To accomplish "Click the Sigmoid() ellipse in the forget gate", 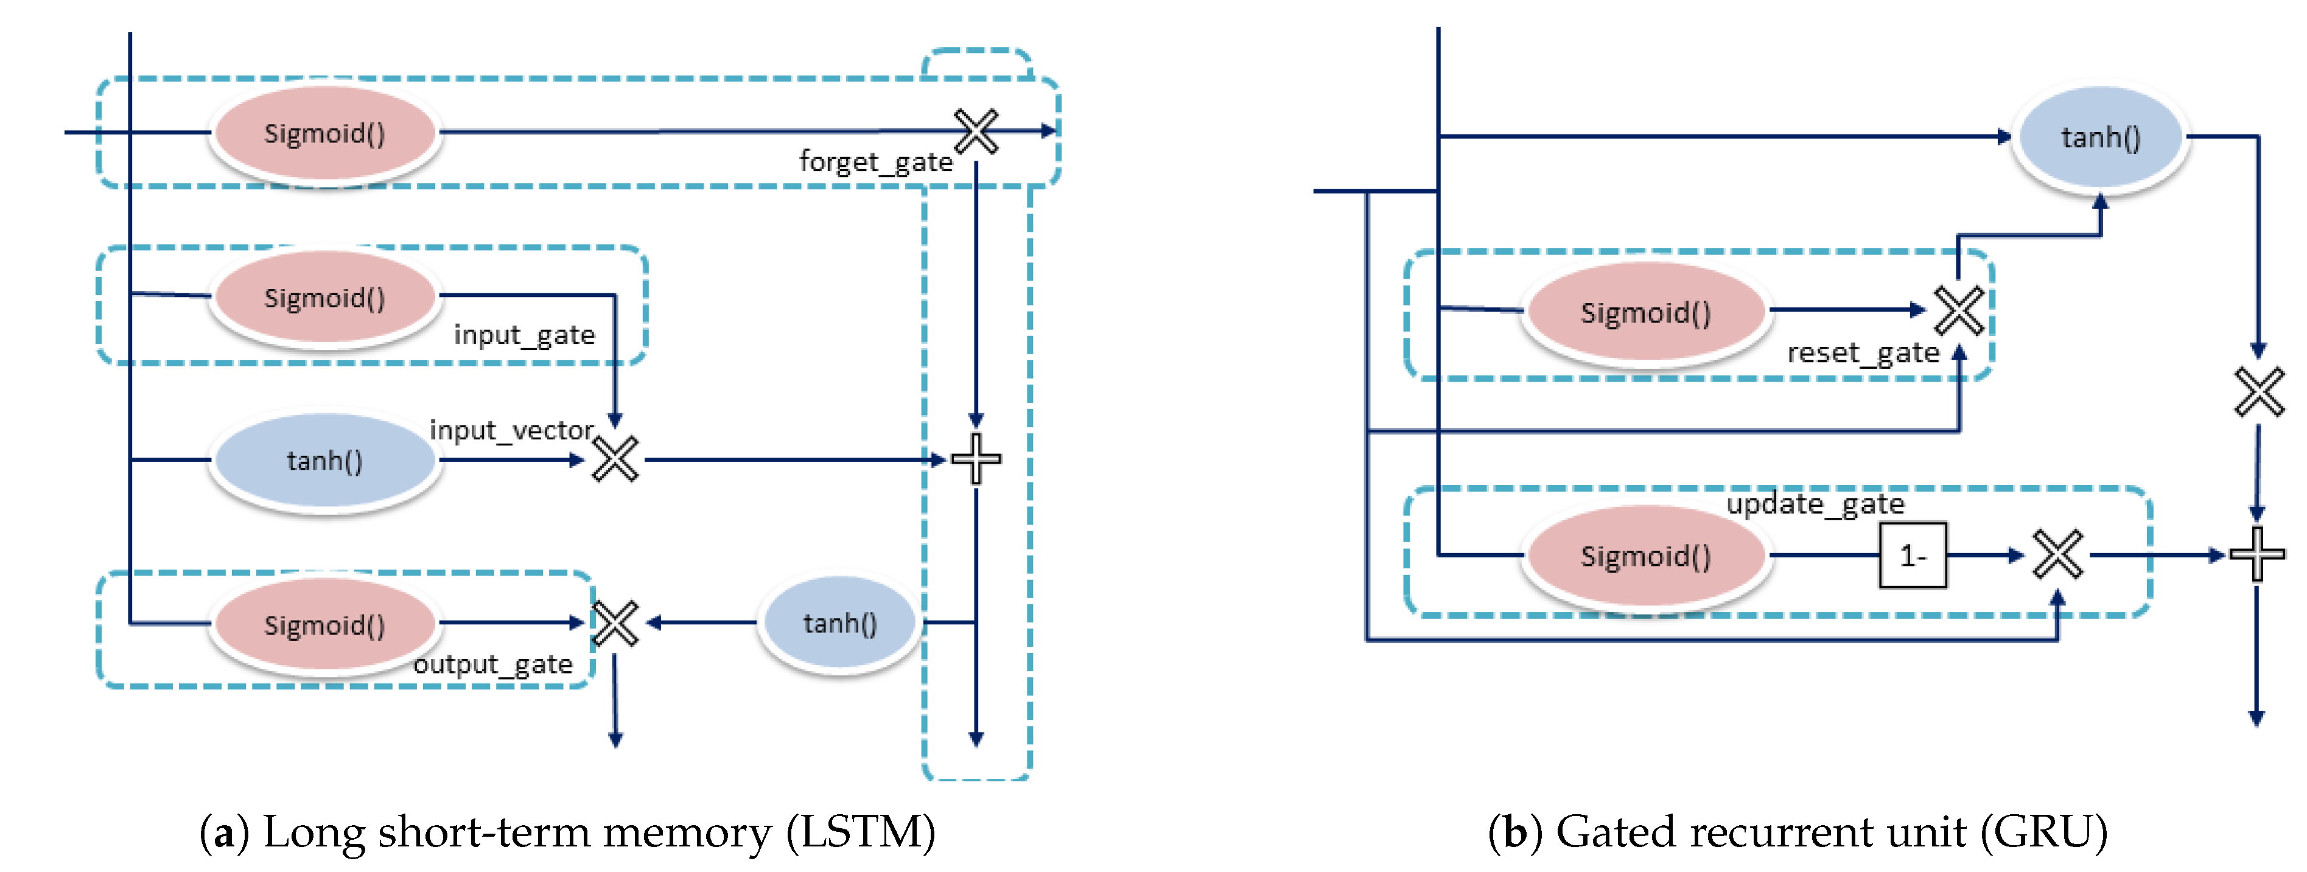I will pyautogui.click(x=324, y=134).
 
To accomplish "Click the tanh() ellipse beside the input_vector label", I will pyautogui.click(x=324, y=461).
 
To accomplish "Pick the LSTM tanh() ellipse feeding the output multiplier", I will pyautogui.click(x=839, y=623).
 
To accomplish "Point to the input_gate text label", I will pyautogui.click(x=524, y=335).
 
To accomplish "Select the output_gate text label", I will pyautogui.click(x=492, y=664).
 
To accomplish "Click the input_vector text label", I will pyautogui.click(x=511, y=431).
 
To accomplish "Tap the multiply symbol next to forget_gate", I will pyautogui.click(x=976, y=131).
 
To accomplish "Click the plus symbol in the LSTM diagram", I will pyautogui.click(x=976, y=459).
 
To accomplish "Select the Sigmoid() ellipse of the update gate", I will pyautogui.click(x=1645, y=557).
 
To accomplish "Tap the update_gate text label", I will pyautogui.click(x=1815, y=504).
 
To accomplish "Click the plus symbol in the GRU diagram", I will pyautogui.click(x=2257, y=555).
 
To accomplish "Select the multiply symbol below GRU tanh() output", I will pyautogui.click(x=2259, y=392).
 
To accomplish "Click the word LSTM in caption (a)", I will pyautogui.click(x=861, y=832).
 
